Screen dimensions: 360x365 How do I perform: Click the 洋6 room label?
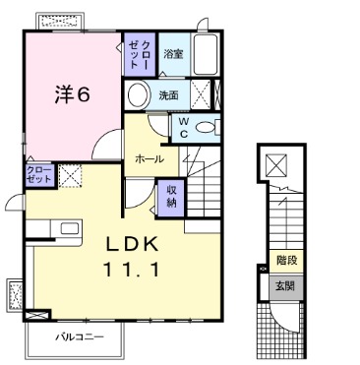tap(72, 94)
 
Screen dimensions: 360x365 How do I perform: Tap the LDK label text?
tap(132, 244)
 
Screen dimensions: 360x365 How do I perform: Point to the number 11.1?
tap(132, 271)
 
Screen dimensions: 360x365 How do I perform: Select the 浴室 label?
tap(173, 54)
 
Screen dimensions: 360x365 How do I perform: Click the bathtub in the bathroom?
tap(206, 54)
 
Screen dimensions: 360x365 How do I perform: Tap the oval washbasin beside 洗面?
tap(138, 94)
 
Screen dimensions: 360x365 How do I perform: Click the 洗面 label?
tap(168, 95)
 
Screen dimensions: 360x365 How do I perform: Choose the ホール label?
tap(150, 159)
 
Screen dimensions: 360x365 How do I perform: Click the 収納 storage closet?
tap(171, 198)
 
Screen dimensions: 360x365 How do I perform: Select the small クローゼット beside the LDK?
tap(39, 175)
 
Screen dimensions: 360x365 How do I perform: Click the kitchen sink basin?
tap(70, 228)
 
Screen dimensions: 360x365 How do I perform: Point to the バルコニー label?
tap(80, 336)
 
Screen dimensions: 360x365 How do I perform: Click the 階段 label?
tap(287, 261)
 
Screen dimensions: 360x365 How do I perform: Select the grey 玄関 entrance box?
tap(286, 286)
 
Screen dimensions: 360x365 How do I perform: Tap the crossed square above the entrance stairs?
tap(275, 165)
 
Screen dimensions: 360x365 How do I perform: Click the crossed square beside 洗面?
tap(201, 94)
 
